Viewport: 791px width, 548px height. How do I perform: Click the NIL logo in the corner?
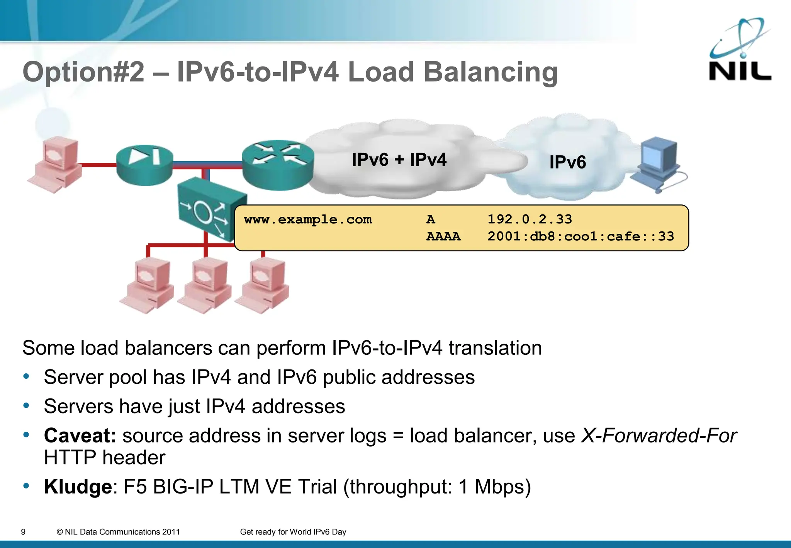(x=740, y=50)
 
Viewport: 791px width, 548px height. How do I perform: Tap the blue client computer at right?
(x=659, y=164)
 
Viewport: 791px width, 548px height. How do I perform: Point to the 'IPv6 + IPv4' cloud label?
(x=399, y=160)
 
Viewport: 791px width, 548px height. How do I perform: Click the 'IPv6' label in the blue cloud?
(x=567, y=162)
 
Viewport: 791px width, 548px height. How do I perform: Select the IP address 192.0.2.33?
(x=530, y=219)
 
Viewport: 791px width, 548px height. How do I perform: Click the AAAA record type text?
(x=443, y=236)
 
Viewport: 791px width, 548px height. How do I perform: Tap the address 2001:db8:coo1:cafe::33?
(x=581, y=236)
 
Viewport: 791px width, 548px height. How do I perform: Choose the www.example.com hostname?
(x=308, y=219)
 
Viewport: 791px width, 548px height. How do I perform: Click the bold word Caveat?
(x=80, y=436)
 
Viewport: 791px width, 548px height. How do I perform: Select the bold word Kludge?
(x=78, y=487)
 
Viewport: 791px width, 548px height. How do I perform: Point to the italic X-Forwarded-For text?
(x=659, y=436)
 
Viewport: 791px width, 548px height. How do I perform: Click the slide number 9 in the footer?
(x=23, y=532)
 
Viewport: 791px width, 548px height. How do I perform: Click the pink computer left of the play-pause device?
(x=56, y=164)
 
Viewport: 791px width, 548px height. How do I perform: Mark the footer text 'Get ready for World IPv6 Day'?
(x=293, y=532)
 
